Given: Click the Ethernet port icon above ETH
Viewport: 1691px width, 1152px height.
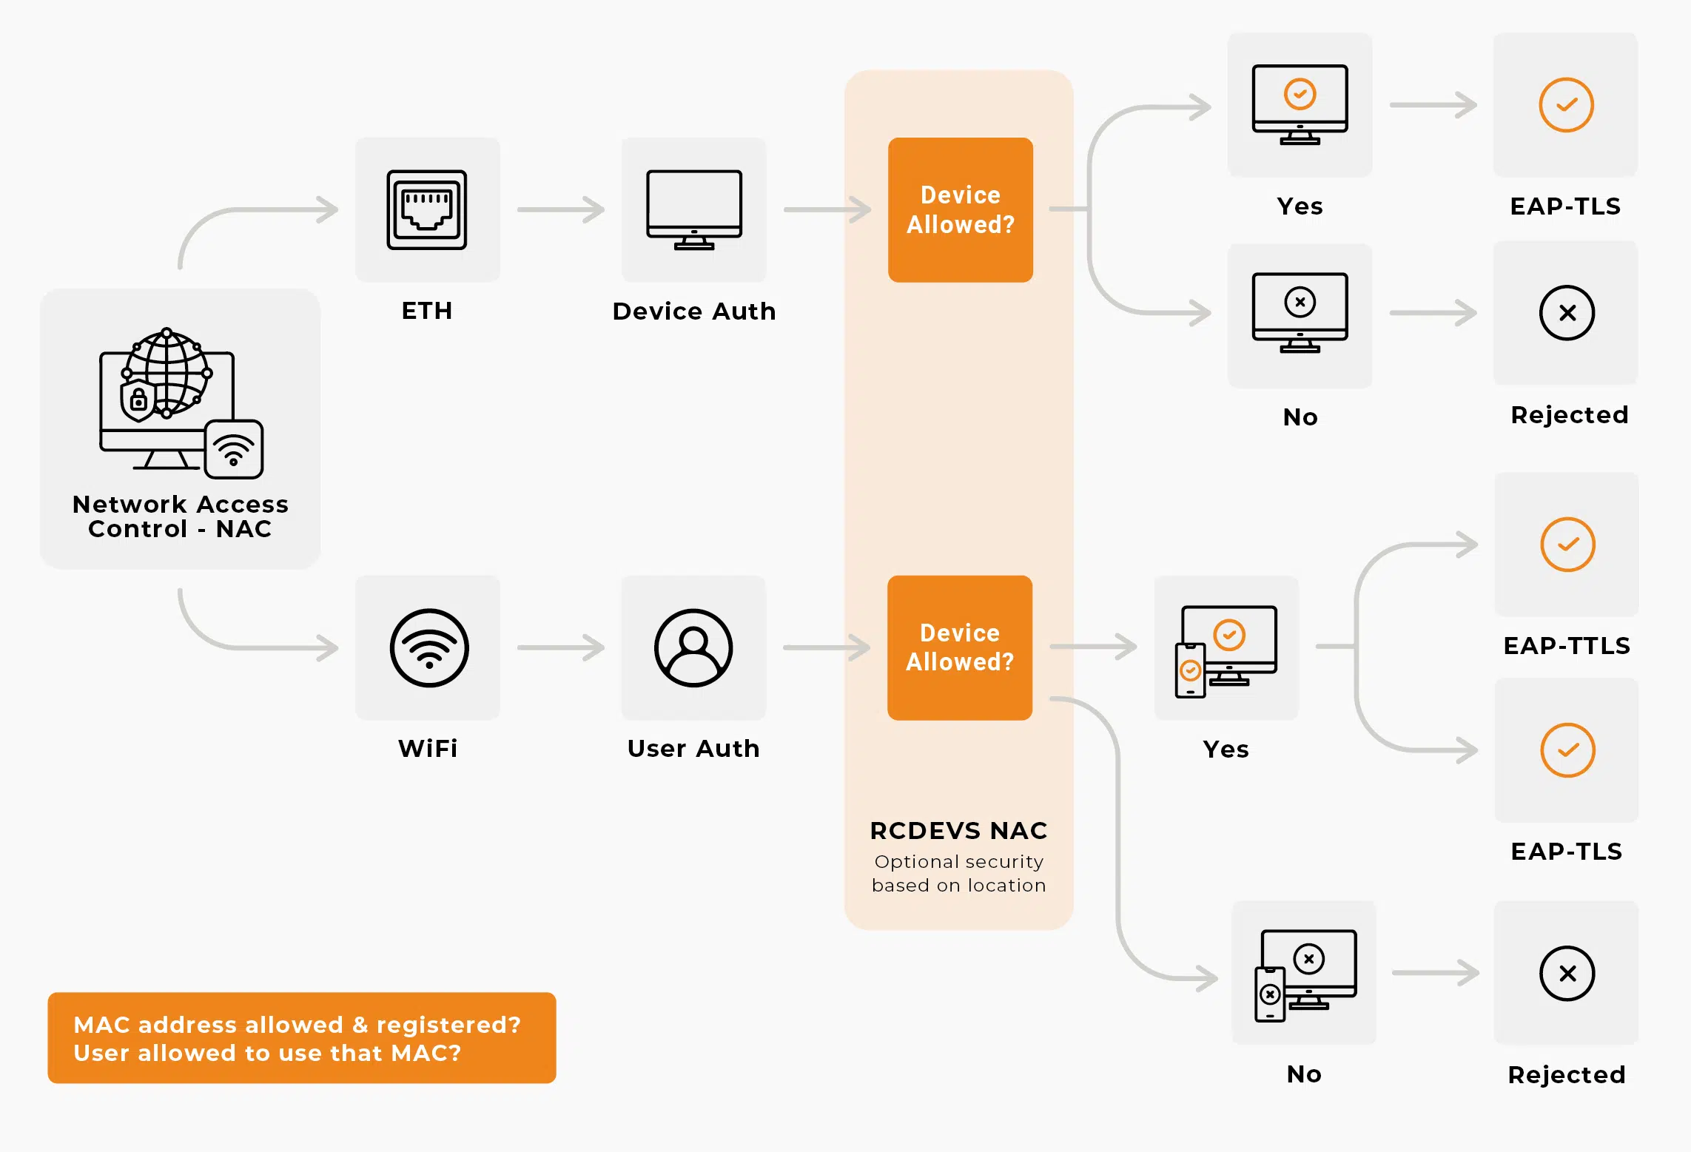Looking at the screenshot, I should tap(427, 209).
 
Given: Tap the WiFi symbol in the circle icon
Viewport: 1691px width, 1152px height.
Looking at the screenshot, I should tap(429, 648).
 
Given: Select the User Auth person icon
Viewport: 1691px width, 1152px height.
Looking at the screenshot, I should tap(693, 647).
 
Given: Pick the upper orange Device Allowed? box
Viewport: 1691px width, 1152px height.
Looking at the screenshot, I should tap(960, 209).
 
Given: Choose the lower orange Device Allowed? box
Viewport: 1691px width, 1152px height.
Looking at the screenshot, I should tap(960, 647).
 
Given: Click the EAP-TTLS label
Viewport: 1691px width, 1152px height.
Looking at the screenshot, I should tap(1567, 646).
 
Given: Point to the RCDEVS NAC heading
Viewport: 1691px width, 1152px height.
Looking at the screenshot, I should tap(958, 831).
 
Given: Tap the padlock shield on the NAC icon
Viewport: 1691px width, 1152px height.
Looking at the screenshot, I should tap(138, 400).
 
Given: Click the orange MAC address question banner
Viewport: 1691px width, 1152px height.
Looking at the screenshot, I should tap(301, 1038).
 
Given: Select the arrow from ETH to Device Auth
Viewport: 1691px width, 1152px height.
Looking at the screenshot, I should tap(561, 209).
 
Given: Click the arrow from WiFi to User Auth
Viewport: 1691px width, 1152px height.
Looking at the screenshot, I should tap(561, 647).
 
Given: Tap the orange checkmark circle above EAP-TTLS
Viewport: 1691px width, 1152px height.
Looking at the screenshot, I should tap(1567, 545).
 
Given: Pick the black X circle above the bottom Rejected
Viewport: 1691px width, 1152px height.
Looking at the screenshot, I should tap(1567, 974).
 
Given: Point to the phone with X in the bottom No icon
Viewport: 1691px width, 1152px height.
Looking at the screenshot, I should tap(1270, 994).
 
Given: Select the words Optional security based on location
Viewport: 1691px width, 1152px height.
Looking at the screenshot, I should tap(958, 874).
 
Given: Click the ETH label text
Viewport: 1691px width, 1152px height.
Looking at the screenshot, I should tap(427, 311).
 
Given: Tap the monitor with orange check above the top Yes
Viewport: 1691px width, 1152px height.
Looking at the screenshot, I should tap(1300, 104).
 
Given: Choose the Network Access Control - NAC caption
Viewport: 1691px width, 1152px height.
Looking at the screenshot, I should tap(180, 516).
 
